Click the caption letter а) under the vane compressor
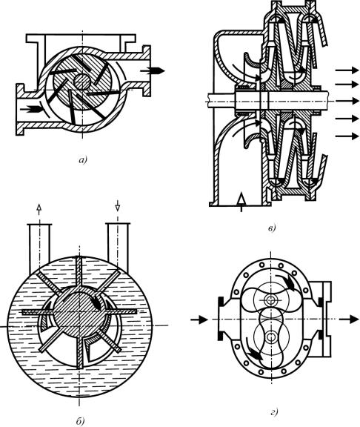(82, 160)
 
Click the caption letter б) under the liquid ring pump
(80, 421)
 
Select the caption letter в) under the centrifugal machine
(272, 228)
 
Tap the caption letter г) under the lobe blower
(274, 412)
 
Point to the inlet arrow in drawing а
(32, 109)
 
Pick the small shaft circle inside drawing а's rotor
(82, 82)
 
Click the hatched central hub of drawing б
(79, 315)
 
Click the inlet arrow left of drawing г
(199, 320)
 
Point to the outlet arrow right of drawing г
(350, 320)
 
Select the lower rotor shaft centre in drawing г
(270, 337)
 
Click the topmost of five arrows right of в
(347, 70)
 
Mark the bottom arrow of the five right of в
(347, 136)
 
